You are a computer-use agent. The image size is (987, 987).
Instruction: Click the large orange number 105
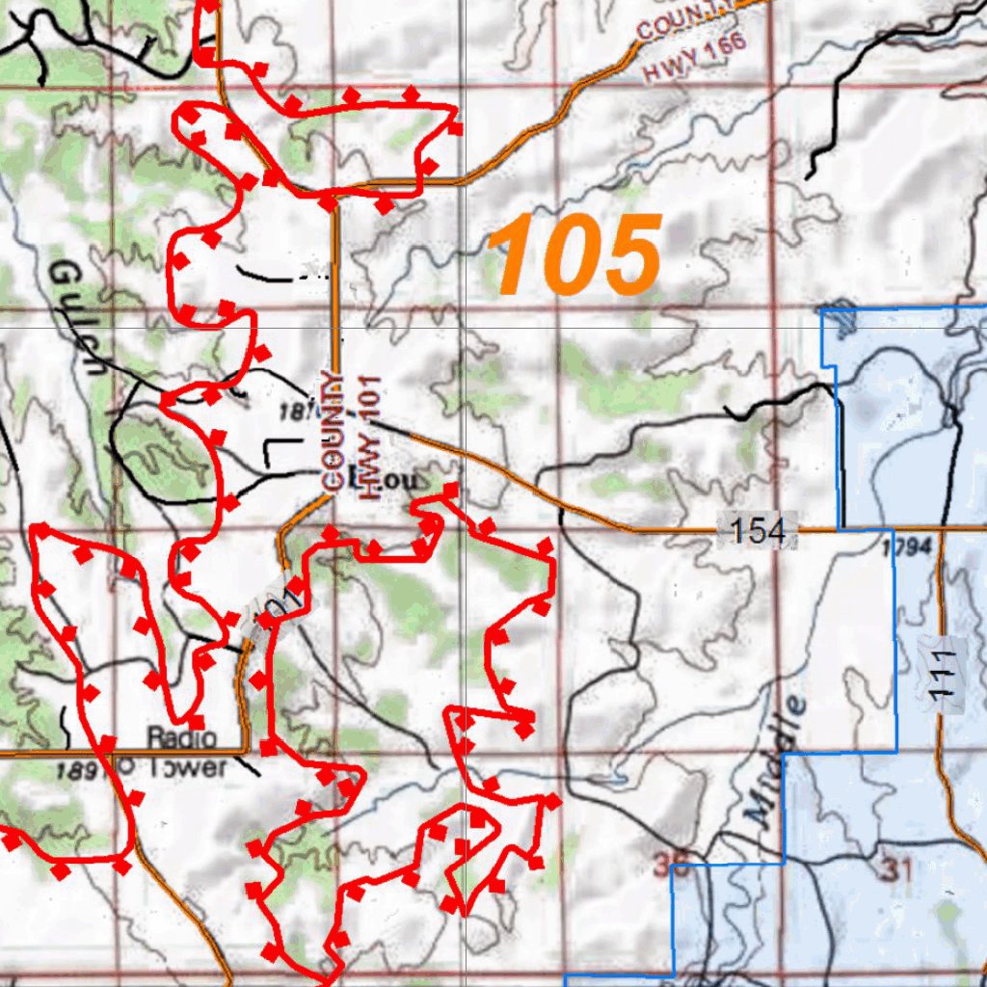tap(575, 254)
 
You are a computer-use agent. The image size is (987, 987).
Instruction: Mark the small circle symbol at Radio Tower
tap(122, 764)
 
